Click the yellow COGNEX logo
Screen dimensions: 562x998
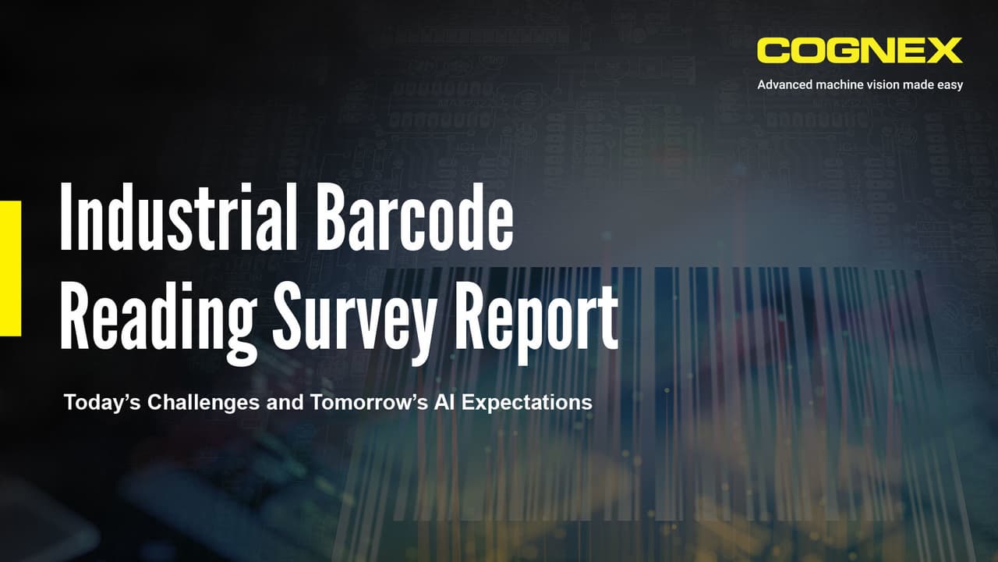tap(859, 51)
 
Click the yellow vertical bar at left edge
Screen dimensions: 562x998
tap(10, 268)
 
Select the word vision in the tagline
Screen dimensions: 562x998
tap(887, 84)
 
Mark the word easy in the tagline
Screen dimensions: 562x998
tap(949, 84)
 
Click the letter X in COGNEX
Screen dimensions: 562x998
tap(945, 51)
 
